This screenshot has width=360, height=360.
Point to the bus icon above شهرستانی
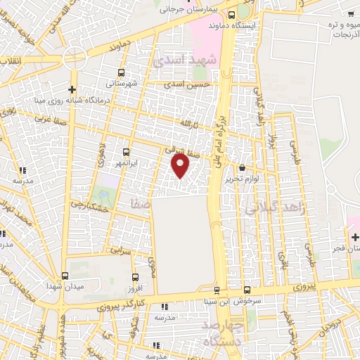121,72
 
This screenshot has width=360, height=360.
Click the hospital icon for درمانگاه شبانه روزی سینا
72,89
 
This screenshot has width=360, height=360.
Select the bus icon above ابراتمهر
126,151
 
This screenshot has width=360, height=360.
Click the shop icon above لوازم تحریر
243,168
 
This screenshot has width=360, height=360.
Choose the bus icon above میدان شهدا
65,276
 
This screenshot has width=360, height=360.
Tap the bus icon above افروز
135,278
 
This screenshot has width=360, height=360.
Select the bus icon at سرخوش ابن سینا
247,290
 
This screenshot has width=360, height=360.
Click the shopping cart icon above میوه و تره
350,13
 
